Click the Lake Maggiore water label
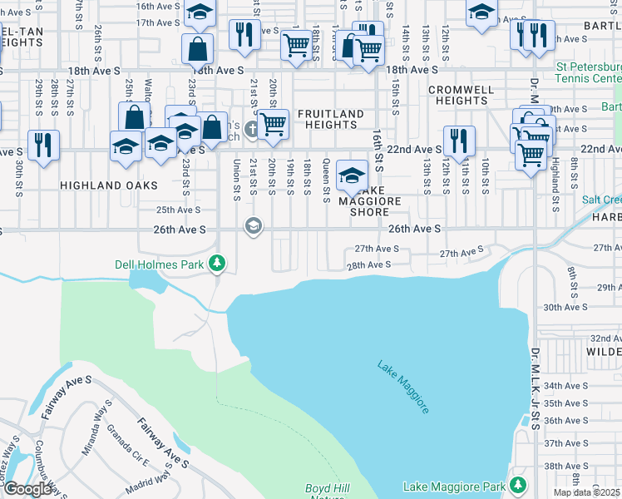tap(404, 388)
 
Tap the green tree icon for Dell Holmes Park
tap(218, 264)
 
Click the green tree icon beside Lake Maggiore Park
tap(519, 484)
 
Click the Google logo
tap(28, 489)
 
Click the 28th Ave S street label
tap(368, 264)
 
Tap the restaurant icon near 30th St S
tap(43, 144)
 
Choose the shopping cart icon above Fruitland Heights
tap(273, 123)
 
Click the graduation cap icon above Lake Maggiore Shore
tap(353, 175)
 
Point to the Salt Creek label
tap(601, 200)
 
